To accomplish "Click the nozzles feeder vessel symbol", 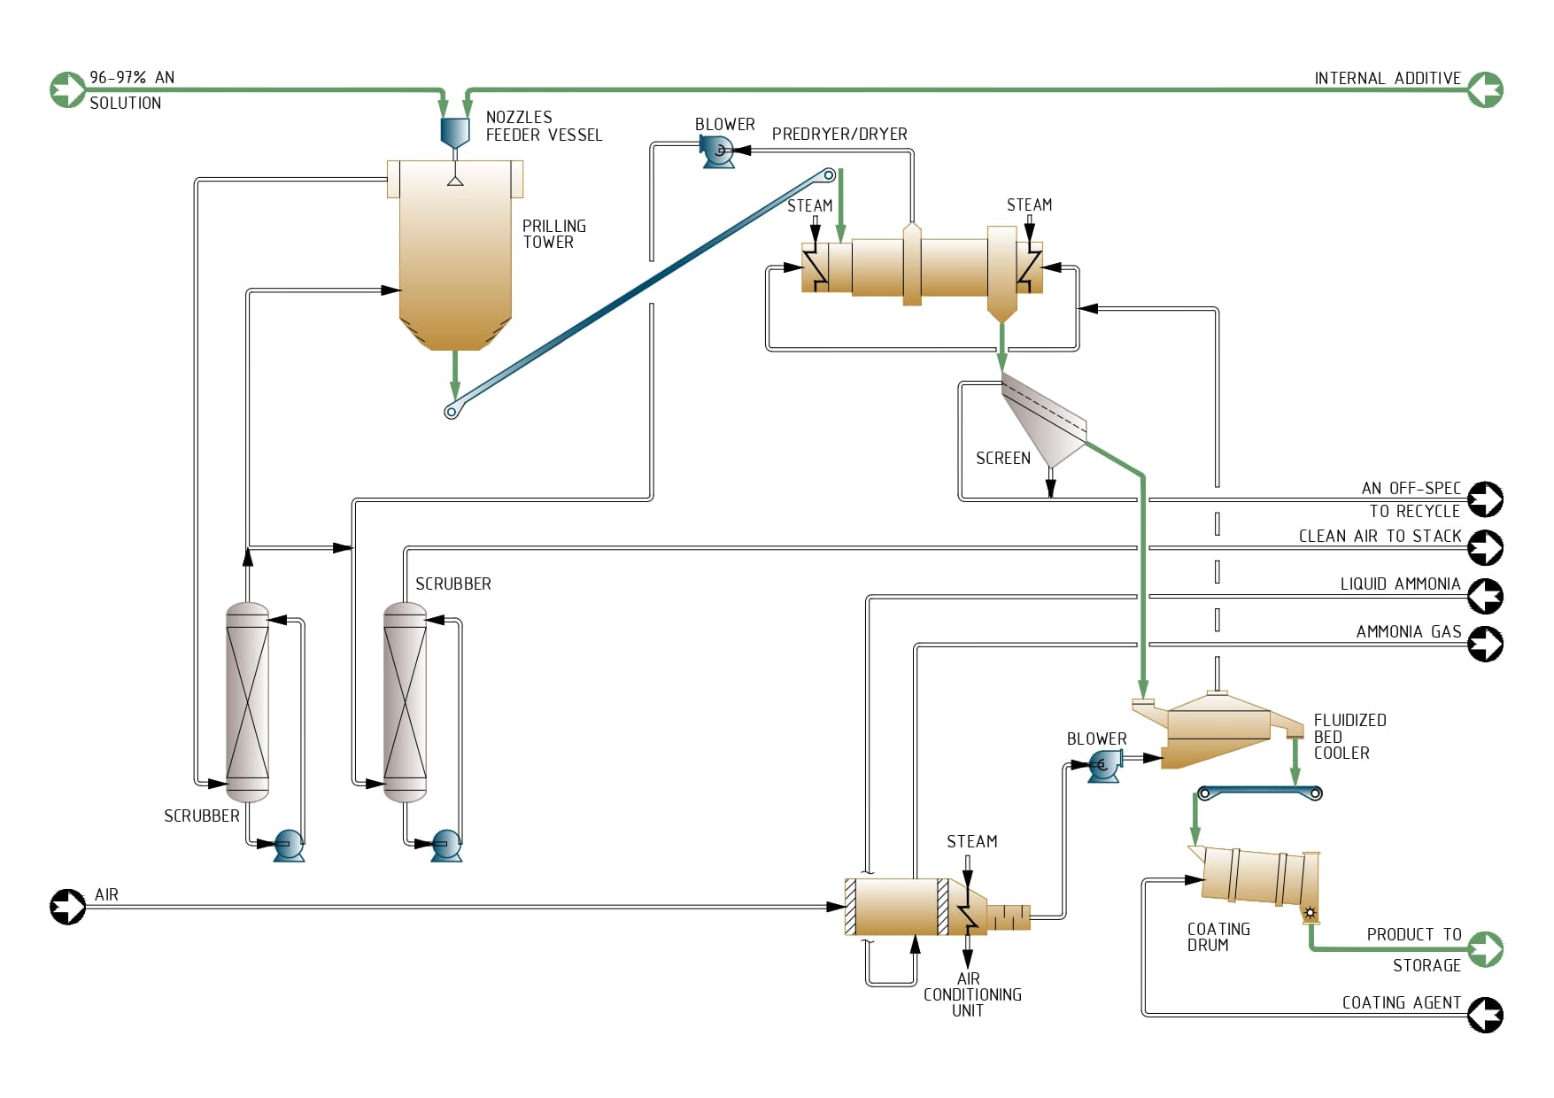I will point(454,131).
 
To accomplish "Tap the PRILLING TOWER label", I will point(553,234).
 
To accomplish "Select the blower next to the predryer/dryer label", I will point(717,152).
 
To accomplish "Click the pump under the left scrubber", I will point(288,845).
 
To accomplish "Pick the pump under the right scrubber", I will point(445,845).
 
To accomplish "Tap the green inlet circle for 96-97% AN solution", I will point(68,89).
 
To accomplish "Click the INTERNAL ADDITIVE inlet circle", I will point(1485,89).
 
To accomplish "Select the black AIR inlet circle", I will point(68,907).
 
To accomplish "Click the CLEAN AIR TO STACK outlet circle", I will point(1485,547).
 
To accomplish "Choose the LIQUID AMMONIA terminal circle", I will point(1485,596).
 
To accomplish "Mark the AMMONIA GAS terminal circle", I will point(1485,644).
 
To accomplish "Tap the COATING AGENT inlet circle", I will point(1485,1015).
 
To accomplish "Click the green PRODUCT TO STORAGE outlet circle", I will point(1485,949).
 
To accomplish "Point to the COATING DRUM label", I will point(1218,937).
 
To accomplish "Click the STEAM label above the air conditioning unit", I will point(971,841).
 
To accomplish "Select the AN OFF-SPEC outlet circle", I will point(1485,499).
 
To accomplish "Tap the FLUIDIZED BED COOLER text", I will point(1349,737).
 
